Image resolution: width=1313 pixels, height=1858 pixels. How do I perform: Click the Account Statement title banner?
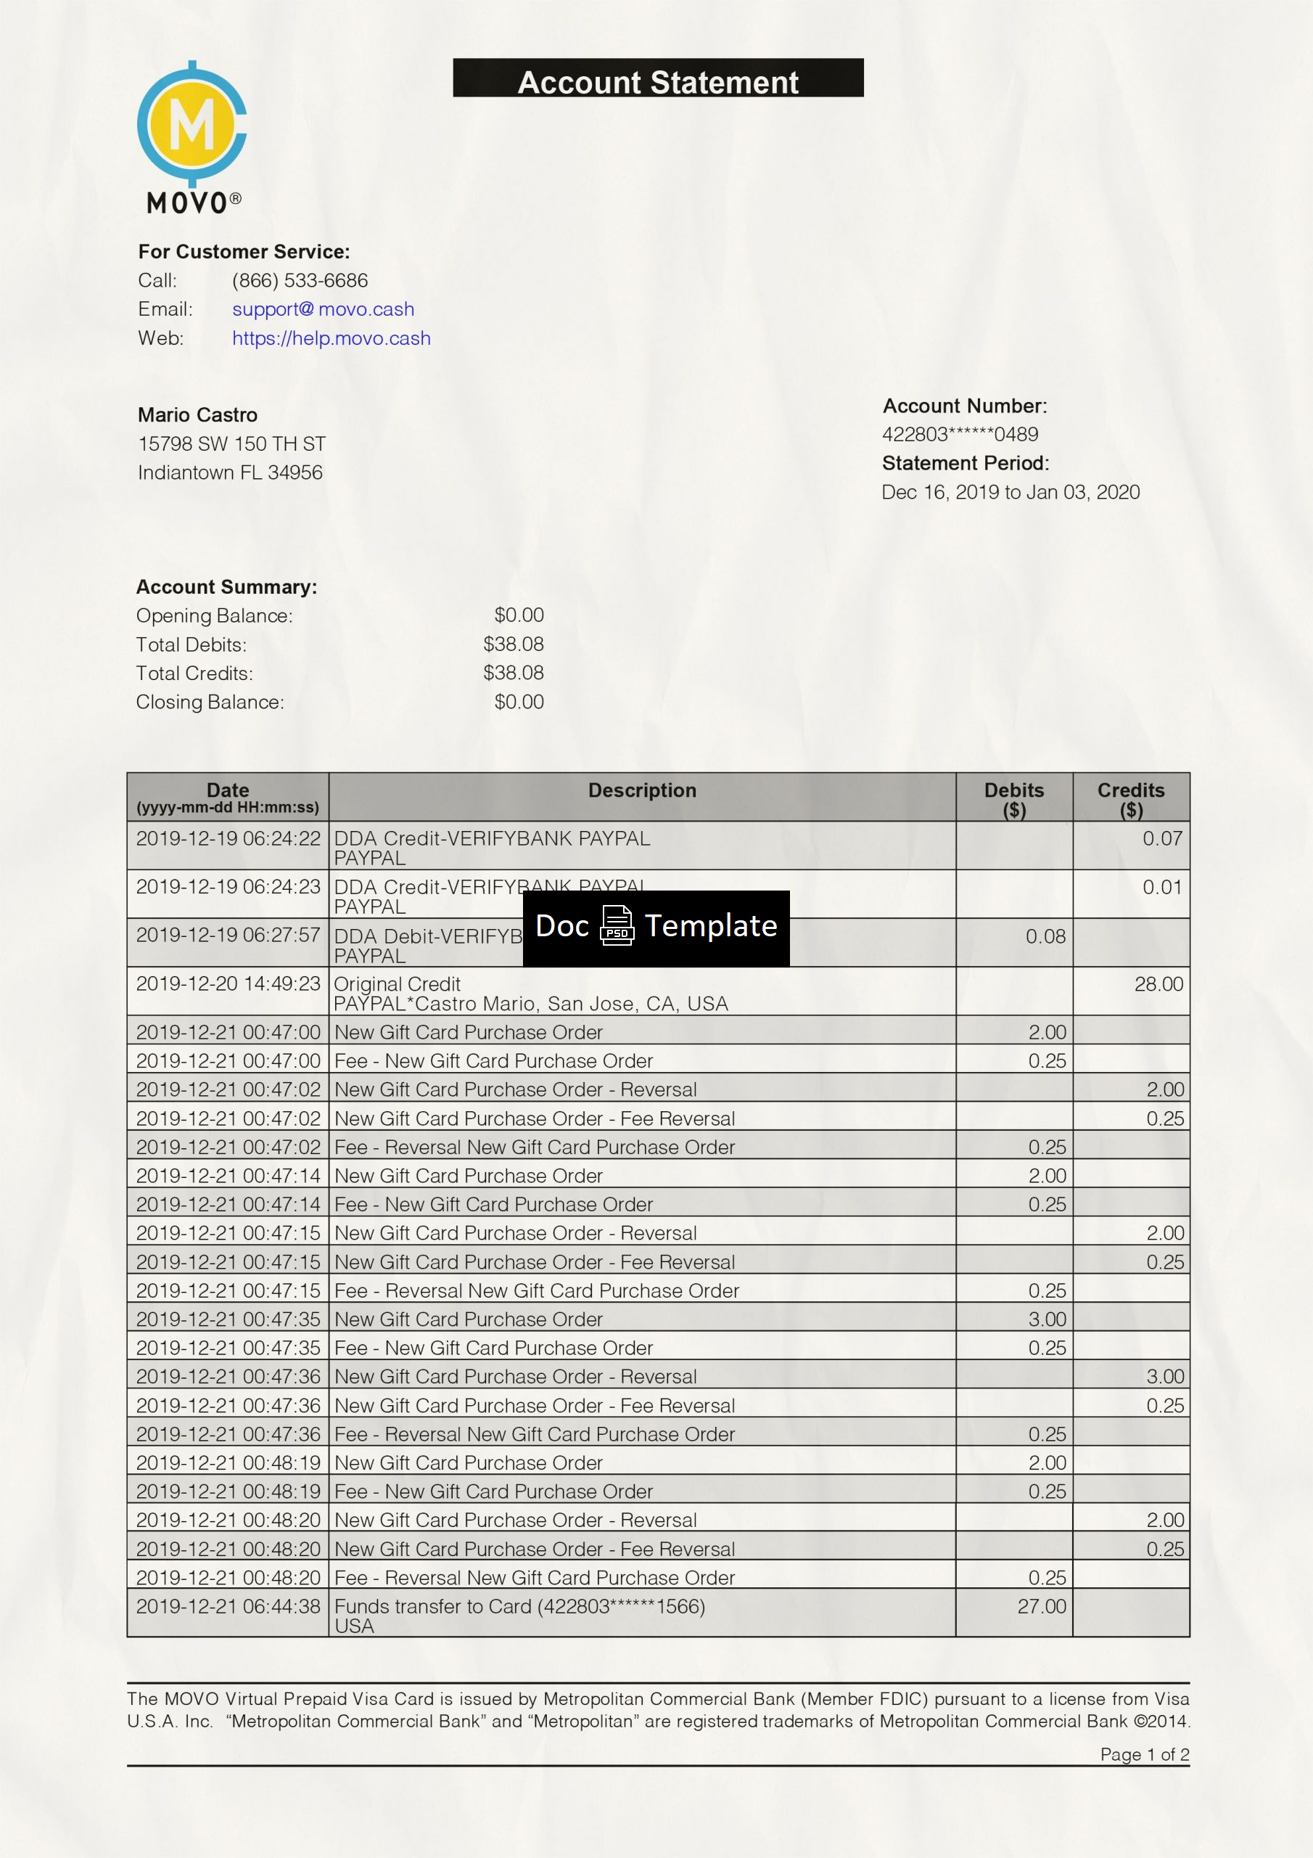(x=658, y=79)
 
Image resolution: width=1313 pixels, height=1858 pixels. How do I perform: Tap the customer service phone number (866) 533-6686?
(x=300, y=280)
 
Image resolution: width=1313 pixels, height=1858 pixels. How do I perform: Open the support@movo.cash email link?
(x=323, y=309)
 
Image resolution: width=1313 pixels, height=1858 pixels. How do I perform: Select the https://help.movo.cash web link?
(x=331, y=338)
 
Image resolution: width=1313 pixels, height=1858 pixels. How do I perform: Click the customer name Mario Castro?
(x=197, y=415)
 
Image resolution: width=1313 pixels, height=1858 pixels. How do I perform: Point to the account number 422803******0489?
(x=960, y=435)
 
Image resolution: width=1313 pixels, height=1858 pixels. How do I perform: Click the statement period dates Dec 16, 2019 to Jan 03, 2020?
(x=1011, y=492)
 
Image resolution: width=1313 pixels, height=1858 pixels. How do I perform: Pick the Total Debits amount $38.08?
(x=513, y=644)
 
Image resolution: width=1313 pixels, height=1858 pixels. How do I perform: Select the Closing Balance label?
(x=210, y=702)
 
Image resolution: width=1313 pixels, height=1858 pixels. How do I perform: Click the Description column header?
(x=641, y=790)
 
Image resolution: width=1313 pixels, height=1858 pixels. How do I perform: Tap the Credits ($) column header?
(x=1130, y=798)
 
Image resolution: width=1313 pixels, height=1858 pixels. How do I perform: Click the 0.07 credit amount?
(x=1161, y=838)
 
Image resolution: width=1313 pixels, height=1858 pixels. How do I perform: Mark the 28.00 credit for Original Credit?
(x=1158, y=984)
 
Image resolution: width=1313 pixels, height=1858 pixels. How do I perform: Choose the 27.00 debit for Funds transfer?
(x=1041, y=1606)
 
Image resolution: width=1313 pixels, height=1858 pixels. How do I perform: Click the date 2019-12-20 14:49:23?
(x=228, y=984)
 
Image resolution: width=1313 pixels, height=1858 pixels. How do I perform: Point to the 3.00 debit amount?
(x=1047, y=1319)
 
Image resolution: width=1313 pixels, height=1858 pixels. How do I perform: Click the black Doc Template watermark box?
(x=656, y=928)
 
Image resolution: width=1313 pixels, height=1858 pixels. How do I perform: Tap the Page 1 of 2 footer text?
(x=1144, y=1754)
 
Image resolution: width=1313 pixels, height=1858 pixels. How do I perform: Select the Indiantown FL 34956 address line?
(x=230, y=472)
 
